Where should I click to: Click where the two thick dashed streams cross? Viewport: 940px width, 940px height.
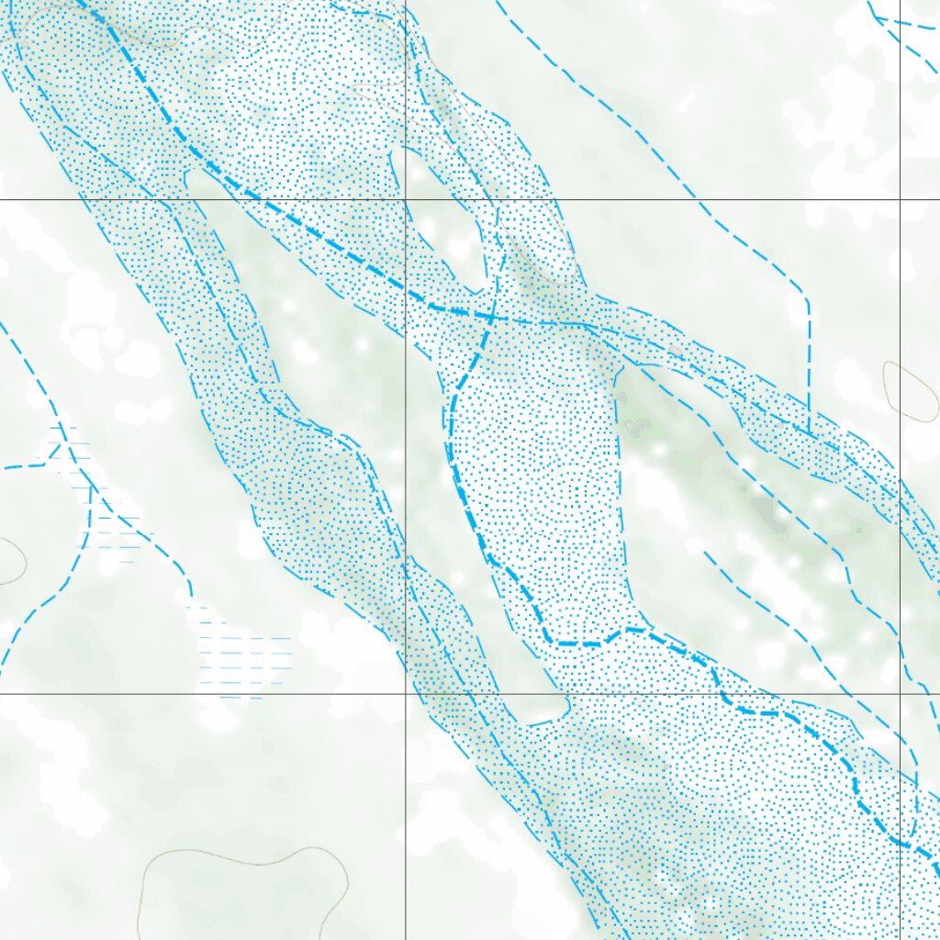click(492, 318)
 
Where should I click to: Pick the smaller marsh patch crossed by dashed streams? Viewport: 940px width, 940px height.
click(78, 459)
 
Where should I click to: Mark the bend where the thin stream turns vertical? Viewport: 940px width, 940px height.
click(806, 298)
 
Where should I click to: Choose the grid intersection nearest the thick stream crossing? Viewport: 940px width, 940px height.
click(405, 199)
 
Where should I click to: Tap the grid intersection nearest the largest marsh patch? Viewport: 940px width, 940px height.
click(405, 694)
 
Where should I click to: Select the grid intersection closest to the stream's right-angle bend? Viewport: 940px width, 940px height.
click(900, 199)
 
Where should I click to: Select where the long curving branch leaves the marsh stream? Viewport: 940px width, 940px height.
click(92, 487)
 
